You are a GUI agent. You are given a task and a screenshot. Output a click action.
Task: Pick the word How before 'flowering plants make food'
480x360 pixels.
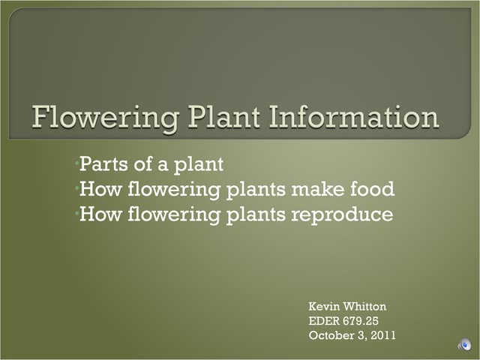[99, 189]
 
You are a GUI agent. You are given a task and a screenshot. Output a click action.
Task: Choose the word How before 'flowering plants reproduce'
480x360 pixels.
[99, 214]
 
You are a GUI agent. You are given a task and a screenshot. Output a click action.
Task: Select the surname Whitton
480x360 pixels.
[365, 307]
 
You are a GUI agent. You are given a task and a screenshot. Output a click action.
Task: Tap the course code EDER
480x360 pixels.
[325, 321]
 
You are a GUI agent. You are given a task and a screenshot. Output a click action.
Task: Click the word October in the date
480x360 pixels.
[331, 335]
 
